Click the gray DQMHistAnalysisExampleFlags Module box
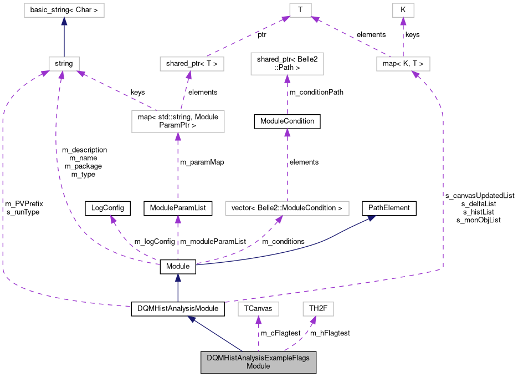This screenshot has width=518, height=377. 258,362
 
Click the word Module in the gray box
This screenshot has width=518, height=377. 258,366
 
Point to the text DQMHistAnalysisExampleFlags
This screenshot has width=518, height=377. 258,358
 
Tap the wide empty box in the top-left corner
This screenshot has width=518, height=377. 64,11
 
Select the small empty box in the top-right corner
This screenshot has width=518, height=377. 403,11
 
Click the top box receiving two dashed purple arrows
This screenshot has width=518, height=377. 300,11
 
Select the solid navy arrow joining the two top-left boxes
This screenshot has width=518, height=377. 64,37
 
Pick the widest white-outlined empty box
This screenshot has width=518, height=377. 287,208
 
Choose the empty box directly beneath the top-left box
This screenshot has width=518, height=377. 64,64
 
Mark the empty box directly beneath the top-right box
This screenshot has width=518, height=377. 403,64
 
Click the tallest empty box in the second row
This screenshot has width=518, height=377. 287,64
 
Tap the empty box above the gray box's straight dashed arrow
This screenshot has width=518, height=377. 258,309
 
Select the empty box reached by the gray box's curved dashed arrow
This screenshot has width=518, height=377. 318,309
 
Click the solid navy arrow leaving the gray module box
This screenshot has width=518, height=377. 216,334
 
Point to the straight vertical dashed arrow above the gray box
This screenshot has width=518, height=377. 258,334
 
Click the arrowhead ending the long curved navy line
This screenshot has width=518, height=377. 371,218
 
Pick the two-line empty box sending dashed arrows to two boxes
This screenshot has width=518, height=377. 178,121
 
